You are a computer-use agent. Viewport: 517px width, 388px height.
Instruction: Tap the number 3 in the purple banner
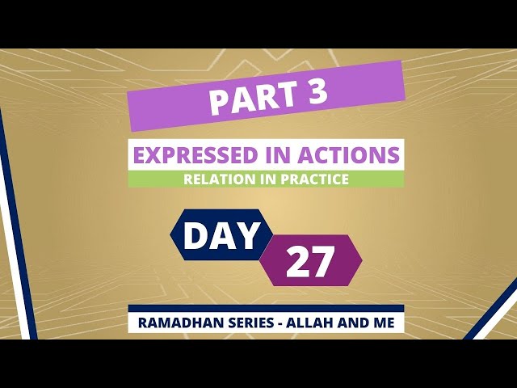click(316, 91)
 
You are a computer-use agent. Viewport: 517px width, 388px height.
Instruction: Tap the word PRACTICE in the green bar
click(314, 179)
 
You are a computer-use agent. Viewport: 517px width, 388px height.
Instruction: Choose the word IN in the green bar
click(267, 179)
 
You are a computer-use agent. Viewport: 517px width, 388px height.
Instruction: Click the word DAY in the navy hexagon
click(221, 235)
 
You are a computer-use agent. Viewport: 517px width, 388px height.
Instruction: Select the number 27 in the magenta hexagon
click(310, 261)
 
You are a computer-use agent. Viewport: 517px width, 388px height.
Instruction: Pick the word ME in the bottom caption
click(384, 323)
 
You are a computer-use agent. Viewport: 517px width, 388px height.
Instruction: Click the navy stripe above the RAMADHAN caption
click(266, 309)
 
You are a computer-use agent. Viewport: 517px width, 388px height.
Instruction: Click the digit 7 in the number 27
click(322, 261)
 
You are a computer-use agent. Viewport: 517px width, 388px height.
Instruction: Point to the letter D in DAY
click(195, 235)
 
